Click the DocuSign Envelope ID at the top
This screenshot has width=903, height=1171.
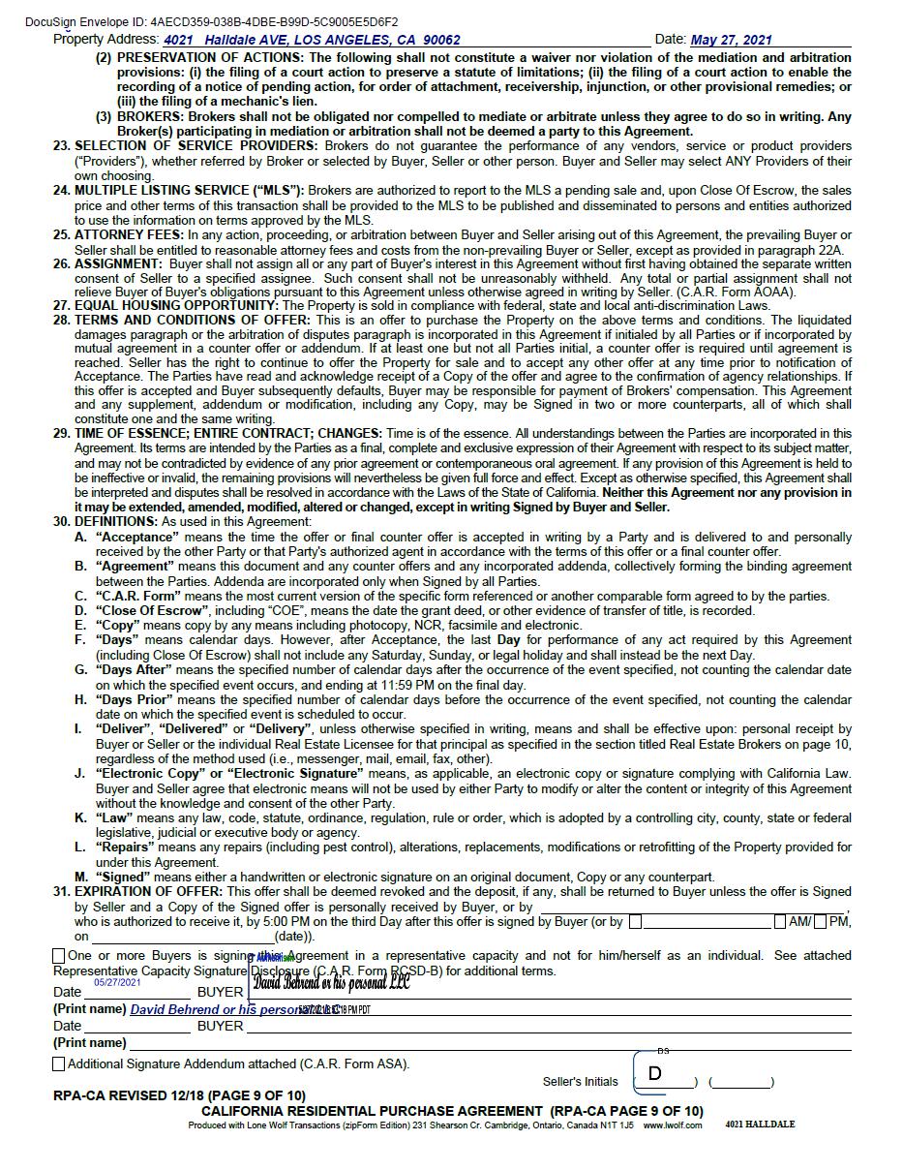pos(211,21)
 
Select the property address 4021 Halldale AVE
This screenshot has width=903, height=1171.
pos(312,40)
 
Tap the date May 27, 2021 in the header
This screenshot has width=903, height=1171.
pos(731,40)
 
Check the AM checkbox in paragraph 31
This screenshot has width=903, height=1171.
pos(780,921)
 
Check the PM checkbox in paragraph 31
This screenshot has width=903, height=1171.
pos(821,921)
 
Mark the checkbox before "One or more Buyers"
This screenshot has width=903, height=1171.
pos(59,956)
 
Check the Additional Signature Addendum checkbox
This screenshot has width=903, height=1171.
pos(59,1063)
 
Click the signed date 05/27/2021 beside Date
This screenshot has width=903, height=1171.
pos(117,982)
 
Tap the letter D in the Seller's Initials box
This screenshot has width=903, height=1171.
pos(655,1073)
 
